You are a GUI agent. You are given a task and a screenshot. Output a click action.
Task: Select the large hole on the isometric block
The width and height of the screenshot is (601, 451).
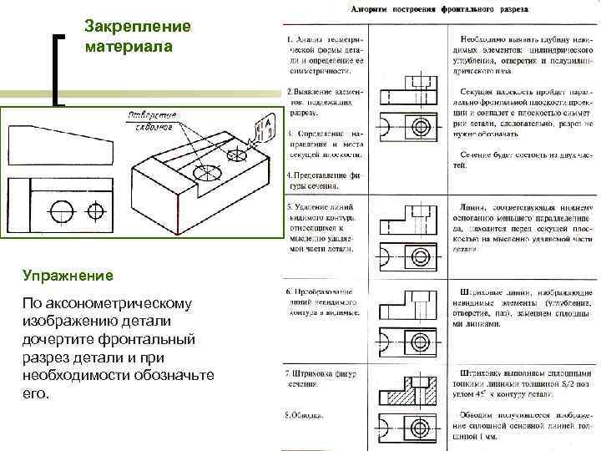(x=206, y=173)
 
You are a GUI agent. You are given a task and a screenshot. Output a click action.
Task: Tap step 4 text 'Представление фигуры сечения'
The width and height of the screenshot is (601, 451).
(x=324, y=180)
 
